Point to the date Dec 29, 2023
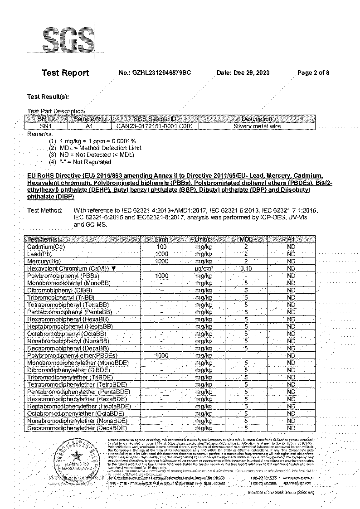click(243, 73)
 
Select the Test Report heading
click(65, 73)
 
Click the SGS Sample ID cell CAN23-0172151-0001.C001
click(155, 126)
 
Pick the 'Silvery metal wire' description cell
click(257, 126)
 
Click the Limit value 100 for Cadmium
click(161, 247)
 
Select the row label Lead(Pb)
click(40, 254)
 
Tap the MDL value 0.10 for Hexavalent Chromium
click(245, 268)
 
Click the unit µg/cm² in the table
click(204, 268)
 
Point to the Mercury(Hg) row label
click(44, 261)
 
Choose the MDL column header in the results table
click(245, 239)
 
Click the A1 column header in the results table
click(291, 239)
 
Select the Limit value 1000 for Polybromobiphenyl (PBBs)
click(161, 276)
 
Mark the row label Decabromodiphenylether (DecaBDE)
click(77, 428)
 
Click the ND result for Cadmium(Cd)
click(291, 247)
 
